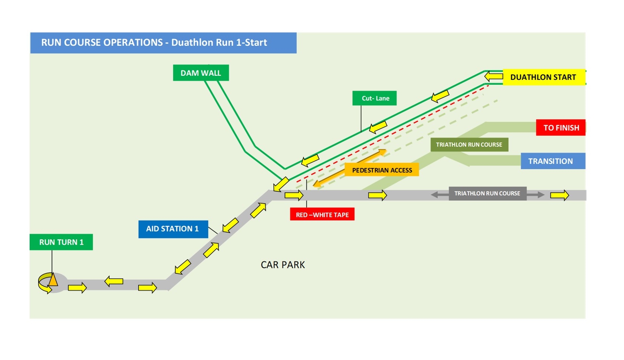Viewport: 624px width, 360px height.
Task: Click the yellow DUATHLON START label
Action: [543, 77]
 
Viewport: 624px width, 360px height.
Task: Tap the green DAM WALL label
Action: [201, 73]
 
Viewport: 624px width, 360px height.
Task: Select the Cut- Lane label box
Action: [375, 98]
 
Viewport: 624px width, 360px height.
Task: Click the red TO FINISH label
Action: [561, 128]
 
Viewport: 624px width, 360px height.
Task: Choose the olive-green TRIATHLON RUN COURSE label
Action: [469, 145]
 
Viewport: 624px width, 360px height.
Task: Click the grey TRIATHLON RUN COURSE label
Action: [487, 193]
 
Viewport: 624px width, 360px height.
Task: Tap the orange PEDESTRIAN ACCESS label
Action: [382, 170]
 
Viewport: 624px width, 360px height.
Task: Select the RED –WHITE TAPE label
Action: [322, 215]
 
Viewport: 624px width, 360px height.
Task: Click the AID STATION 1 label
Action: [173, 229]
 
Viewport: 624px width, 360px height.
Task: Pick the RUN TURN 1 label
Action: [61, 242]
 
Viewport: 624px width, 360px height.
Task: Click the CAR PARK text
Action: [283, 265]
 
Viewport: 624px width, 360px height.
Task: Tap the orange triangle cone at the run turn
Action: [53, 280]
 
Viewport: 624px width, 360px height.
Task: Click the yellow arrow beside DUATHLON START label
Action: [493, 76]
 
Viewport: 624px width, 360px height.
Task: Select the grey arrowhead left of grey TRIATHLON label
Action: [435, 195]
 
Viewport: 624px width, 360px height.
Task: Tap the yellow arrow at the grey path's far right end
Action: [560, 195]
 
